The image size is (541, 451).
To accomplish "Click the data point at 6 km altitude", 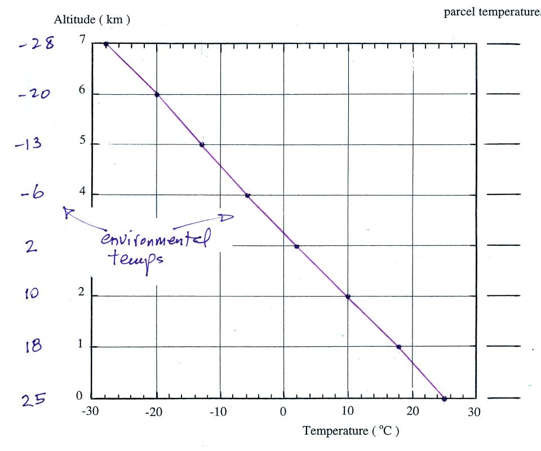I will point(157,94).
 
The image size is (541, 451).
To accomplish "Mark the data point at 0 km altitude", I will point(444,399).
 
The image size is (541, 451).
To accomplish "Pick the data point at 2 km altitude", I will point(348,297).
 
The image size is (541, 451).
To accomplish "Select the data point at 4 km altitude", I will point(247,196).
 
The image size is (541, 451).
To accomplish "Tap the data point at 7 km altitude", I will point(106,43).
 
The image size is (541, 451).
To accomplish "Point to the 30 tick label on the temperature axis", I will point(474,413).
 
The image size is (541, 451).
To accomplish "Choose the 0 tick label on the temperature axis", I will point(283,413).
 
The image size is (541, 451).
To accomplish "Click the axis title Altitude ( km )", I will point(92,20).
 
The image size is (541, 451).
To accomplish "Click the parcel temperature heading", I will point(492,13).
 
